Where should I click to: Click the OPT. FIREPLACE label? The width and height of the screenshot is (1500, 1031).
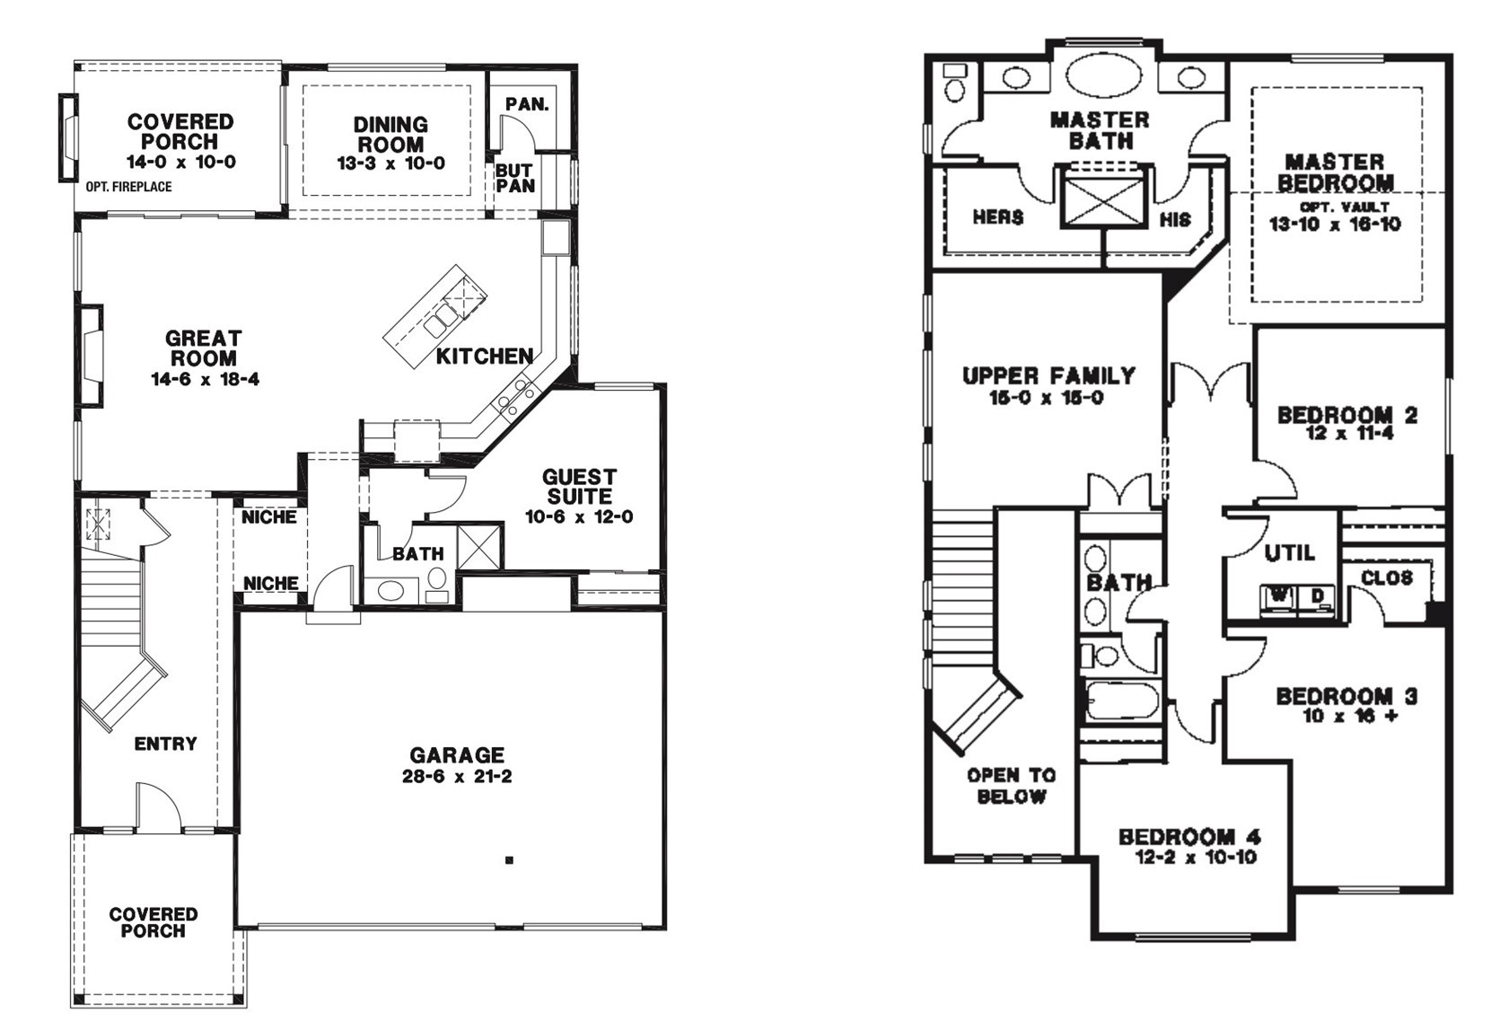(x=128, y=187)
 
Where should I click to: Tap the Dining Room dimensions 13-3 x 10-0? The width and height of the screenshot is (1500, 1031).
(x=390, y=163)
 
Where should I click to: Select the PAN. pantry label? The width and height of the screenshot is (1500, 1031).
(x=527, y=104)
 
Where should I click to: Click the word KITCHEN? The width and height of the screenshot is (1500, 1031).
(x=485, y=357)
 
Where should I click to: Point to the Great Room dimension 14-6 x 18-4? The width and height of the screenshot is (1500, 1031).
(x=205, y=379)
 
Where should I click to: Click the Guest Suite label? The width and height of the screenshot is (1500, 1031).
(x=579, y=487)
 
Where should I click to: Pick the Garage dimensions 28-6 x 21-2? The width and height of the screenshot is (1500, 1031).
(x=457, y=777)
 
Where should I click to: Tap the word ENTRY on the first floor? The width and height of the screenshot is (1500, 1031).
(x=165, y=744)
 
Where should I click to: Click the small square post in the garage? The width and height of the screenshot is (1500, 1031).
(x=509, y=860)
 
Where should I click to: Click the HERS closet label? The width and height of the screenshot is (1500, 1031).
(x=998, y=217)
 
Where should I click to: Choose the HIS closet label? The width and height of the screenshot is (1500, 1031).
(x=1175, y=220)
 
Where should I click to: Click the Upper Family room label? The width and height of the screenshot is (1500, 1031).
(x=1048, y=375)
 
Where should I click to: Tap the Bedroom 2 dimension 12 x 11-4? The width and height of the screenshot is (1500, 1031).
(x=1349, y=434)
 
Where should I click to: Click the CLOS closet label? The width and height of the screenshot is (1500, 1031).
(x=1387, y=577)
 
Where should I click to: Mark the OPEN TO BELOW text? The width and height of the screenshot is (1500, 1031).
(x=1011, y=786)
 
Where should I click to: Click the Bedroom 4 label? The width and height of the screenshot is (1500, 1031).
(x=1190, y=837)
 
